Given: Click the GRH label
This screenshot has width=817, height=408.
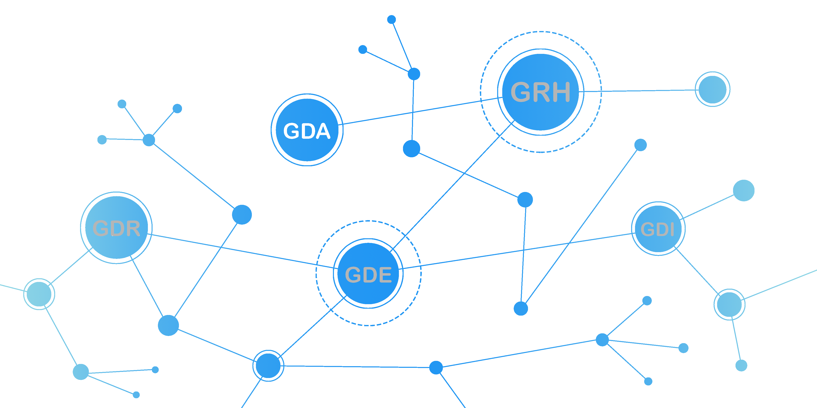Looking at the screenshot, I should tap(540, 92).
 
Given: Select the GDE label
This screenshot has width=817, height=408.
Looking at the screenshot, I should tap(368, 275).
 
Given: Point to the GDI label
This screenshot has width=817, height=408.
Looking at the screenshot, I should tap(657, 229).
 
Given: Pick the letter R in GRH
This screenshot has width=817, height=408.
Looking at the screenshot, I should tap(541, 92).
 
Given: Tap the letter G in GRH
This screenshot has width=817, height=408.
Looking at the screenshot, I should tap(521, 92).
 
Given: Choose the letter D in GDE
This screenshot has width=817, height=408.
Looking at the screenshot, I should tap(369, 275).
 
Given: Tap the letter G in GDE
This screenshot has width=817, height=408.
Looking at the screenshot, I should tap(353, 275).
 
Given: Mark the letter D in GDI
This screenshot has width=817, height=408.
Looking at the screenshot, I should tap(662, 229).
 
